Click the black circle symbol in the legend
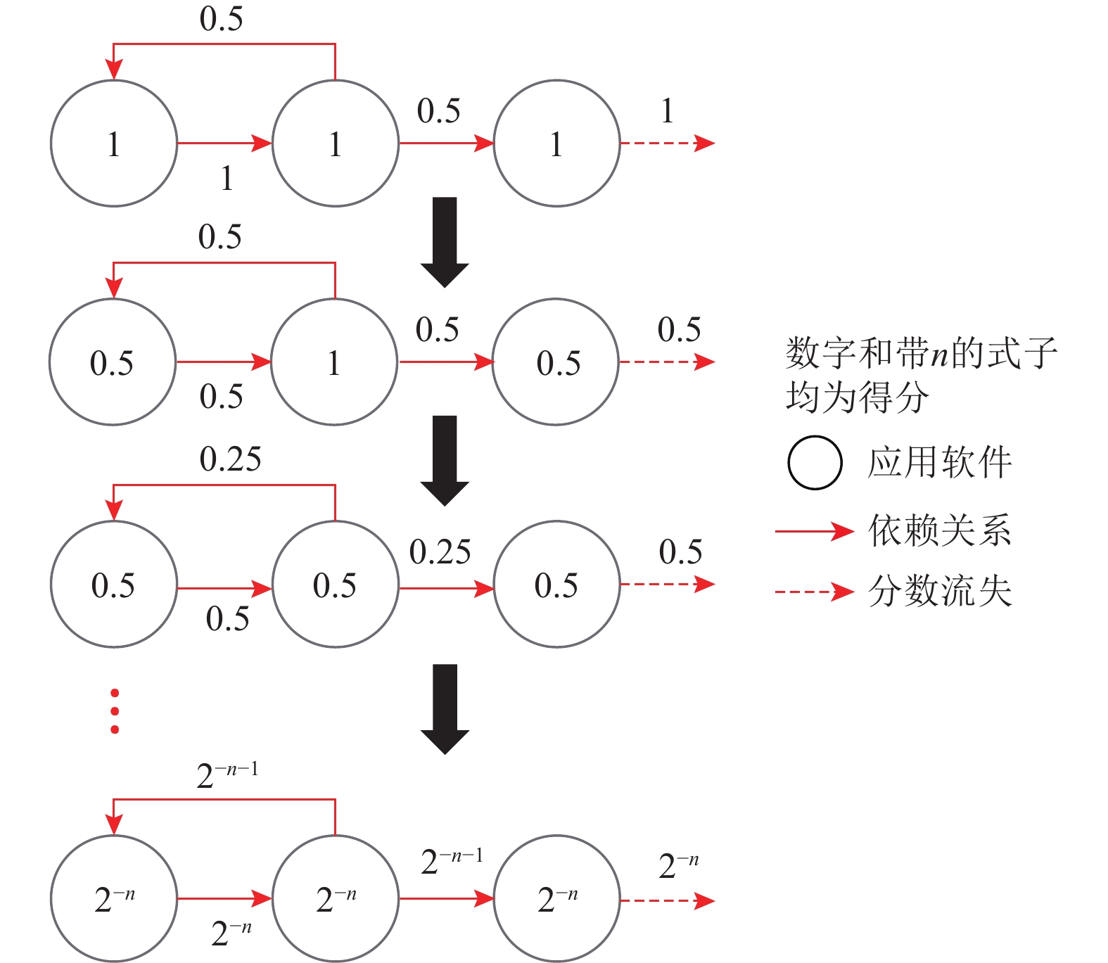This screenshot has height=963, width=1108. click(x=815, y=462)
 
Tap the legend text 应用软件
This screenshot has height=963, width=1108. click(x=940, y=462)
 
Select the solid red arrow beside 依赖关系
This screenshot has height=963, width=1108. click(x=814, y=531)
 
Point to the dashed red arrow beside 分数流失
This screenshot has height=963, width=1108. click(x=814, y=592)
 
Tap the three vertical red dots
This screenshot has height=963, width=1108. click(x=115, y=711)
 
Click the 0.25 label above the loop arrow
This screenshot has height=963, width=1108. click(x=230, y=459)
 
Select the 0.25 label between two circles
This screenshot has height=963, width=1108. click(x=440, y=552)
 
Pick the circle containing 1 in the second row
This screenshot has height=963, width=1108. click(x=334, y=362)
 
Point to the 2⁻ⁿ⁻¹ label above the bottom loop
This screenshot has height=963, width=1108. click(x=227, y=774)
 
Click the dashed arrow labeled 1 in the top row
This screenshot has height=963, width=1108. click(x=666, y=143)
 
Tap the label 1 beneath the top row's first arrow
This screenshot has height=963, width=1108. click(x=227, y=178)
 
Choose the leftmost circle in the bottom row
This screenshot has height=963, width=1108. click(x=114, y=898)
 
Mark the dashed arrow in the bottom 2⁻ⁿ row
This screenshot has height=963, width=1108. click(x=666, y=900)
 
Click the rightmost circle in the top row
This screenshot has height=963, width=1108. click(x=556, y=144)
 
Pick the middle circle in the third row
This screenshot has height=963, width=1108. click(x=335, y=585)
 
